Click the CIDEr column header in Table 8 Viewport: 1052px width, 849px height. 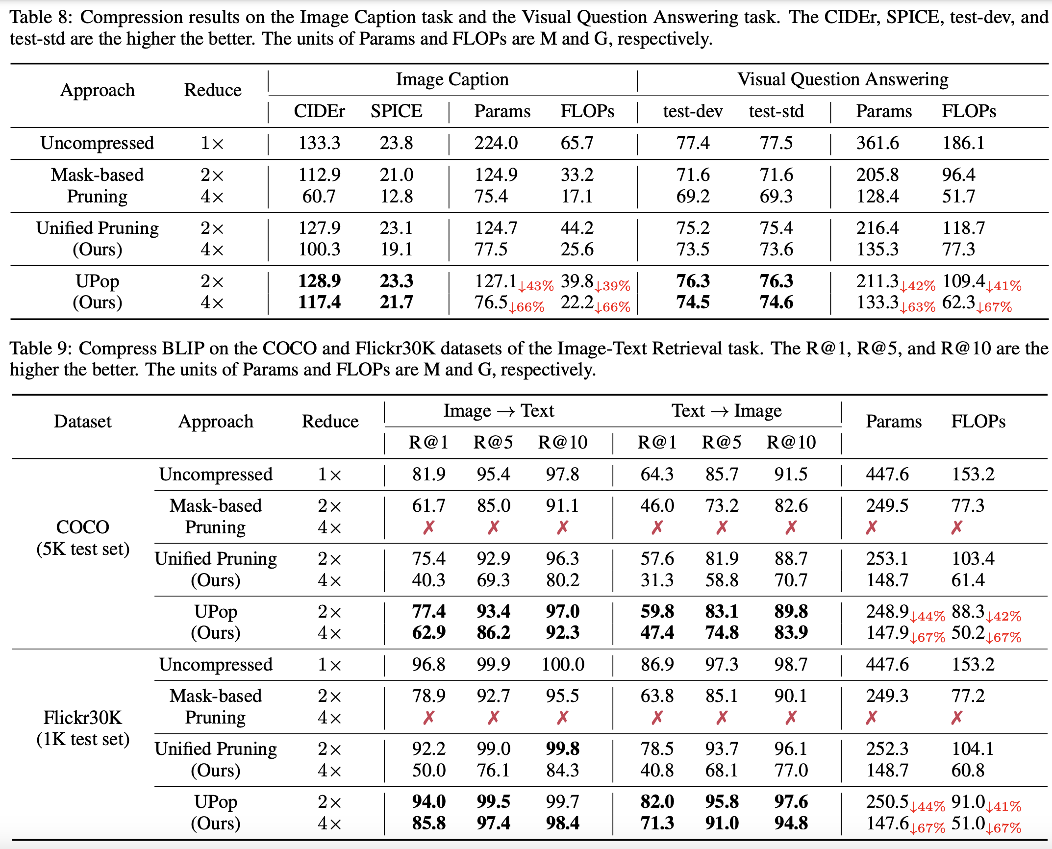pyautogui.click(x=319, y=111)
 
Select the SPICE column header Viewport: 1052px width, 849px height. pyautogui.click(x=396, y=111)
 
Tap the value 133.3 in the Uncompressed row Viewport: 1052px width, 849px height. pyautogui.click(x=319, y=143)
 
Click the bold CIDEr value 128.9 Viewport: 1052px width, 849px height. pyautogui.click(x=319, y=281)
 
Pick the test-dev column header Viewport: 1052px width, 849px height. pyautogui.click(x=693, y=111)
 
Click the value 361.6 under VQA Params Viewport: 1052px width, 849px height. pyautogui.click(x=877, y=143)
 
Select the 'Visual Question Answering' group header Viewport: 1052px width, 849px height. pyautogui.click(x=843, y=79)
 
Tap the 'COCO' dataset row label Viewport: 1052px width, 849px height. pyautogui.click(x=82, y=527)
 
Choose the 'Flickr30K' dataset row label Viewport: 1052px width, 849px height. pyautogui.click(x=82, y=718)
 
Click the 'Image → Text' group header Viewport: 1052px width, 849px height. pyautogui.click(x=499, y=411)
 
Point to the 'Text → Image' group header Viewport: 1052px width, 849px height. pyautogui.click(x=726, y=411)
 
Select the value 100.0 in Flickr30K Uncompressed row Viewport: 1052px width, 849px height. pyautogui.click(x=563, y=665)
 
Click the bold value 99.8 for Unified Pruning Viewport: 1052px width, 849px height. pyautogui.click(x=563, y=749)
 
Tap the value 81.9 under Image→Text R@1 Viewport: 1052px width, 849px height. pyautogui.click(x=428, y=474)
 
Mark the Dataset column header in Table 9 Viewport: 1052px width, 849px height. pyautogui.click(x=82, y=422)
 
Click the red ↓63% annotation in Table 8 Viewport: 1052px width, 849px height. pyautogui.click(x=917, y=307)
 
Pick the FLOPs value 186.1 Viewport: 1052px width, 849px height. pyautogui.click(x=963, y=143)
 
